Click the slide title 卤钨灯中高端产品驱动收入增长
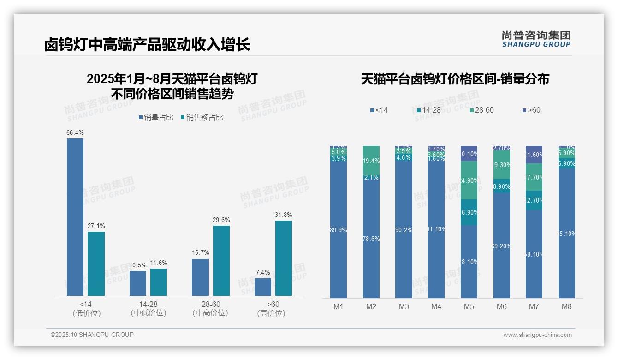tap(147, 45)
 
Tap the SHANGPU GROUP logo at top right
tap(536, 39)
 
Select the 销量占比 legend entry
tap(156, 118)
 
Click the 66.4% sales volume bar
tap(75, 217)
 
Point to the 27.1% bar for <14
tap(96, 264)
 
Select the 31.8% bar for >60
tap(284, 258)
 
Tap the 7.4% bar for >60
tap(263, 287)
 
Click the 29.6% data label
tap(221, 220)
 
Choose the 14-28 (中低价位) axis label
tap(148, 309)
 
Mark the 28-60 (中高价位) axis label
tap(211, 309)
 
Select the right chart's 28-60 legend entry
tap(482, 110)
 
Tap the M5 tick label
tap(469, 306)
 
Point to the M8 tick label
tap(567, 306)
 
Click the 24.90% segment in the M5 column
tap(469, 180)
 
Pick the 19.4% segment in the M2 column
tap(371, 160)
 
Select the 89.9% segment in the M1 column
tap(339, 230)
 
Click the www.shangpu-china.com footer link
tap(537, 335)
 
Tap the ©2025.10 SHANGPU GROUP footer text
tap(92, 335)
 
